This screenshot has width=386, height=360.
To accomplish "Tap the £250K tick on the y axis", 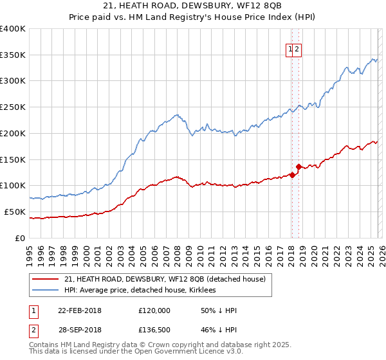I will pyautogui.click(x=13, y=107).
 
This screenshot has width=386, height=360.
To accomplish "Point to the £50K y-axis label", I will pyautogui.click(x=15, y=212).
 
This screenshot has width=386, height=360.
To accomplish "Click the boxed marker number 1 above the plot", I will pyautogui.click(x=291, y=48).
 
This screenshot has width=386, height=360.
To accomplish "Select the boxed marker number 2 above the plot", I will pyautogui.click(x=298, y=48).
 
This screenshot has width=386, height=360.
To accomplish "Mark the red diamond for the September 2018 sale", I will pyautogui.click(x=299, y=166).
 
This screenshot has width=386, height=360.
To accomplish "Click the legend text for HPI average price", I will pyautogui.click(x=140, y=291).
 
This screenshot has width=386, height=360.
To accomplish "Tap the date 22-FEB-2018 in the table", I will pyautogui.click(x=80, y=310).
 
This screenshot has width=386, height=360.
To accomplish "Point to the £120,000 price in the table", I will pyautogui.click(x=154, y=310).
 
